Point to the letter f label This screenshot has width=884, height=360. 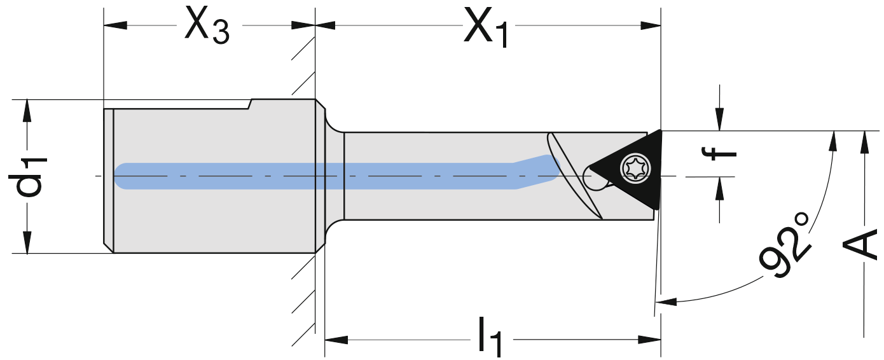point(719,153)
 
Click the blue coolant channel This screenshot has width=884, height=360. point(318,176)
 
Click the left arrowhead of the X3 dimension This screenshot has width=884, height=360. point(115,26)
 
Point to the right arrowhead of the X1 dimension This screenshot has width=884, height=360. point(650,26)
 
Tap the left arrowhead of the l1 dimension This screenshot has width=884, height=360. point(336,339)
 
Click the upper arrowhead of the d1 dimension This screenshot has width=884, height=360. point(27,111)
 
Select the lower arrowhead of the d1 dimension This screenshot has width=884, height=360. point(27,242)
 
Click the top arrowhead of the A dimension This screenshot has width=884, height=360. point(863,142)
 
